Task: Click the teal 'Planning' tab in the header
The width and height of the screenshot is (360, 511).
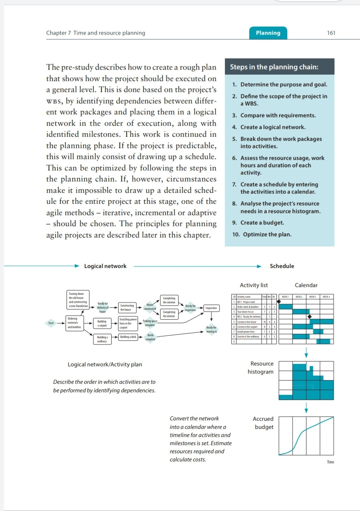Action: (x=268, y=33)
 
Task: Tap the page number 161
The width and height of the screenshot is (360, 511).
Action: (x=331, y=33)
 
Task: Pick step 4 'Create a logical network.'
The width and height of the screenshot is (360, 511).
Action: (x=269, y=127)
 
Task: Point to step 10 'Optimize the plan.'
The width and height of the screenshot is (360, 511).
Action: (x=262, y=234)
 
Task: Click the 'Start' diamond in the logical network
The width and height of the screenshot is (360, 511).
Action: (x=51, y=323)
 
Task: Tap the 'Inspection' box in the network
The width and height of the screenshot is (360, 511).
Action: (x=211, y=308)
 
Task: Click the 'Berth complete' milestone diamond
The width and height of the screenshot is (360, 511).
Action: (x=150, y=338)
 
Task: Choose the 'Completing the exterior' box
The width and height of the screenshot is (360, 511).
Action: (x=169, y=300)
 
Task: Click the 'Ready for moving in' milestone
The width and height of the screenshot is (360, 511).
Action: (x=211, y=329)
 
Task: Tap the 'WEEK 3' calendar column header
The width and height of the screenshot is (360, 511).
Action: (x=313, y=297)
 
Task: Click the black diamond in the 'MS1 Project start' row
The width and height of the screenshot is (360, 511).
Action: (x=279, y=301)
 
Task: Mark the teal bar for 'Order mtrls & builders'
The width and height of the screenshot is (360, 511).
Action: (x=285, y=306)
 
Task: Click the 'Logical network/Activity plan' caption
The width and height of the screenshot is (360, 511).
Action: (x=105, y=364)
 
